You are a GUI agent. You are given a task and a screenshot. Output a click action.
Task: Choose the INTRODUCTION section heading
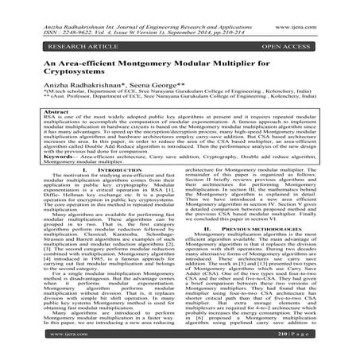tap(115, 192)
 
